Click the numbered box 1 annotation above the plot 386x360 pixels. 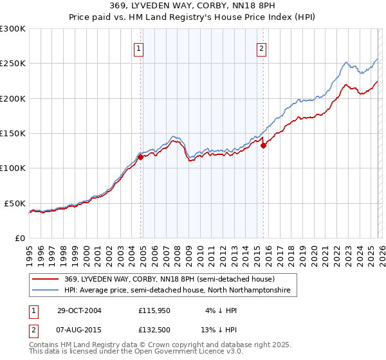point(139,47)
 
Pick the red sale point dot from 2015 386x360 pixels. point(263,145)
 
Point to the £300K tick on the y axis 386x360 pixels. point(13,29)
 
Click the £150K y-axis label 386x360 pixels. point(13,133)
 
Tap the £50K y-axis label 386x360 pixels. point(15,203)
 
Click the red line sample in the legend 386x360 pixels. point(46,279)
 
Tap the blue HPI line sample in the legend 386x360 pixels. point(46,291)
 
